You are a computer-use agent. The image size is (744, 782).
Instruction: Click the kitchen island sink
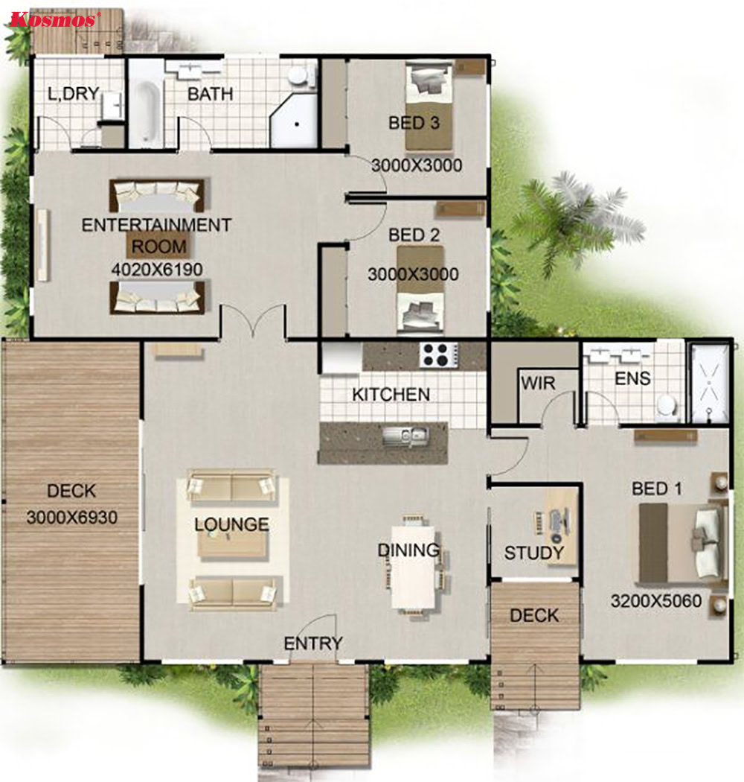click(405, 435)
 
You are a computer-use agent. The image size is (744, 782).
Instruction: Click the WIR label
click(538, 383)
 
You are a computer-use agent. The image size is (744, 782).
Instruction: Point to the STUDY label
click(533, 553)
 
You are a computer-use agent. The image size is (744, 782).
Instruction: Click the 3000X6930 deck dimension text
click(72, 517)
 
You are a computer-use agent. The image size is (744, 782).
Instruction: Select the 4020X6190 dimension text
click(156, 270)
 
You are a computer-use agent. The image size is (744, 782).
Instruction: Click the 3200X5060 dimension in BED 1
click(656, 600)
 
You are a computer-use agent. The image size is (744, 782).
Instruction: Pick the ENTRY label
click(313, 643)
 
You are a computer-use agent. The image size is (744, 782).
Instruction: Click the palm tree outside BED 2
click(573, 216)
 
